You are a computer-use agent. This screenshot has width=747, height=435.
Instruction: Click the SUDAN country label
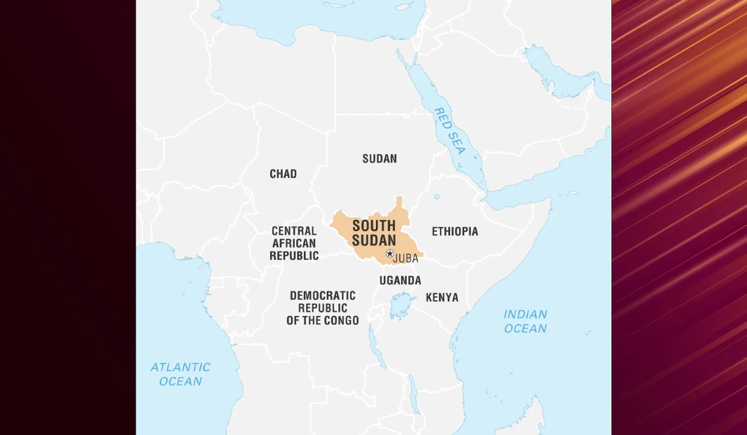tap(379, 159)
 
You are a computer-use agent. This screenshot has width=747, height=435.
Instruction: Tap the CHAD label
tap(283, 174)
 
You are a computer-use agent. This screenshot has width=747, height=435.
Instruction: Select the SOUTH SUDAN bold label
tap(374, 233)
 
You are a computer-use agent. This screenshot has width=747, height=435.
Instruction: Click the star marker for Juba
tap(390, 253)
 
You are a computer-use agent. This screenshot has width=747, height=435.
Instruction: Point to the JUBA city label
tap(407, 258)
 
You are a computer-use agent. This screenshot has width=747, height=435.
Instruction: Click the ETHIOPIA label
tap(455, 232)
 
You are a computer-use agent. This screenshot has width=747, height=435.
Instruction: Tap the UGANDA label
tap(400, 280)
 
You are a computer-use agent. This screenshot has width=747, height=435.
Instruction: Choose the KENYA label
tap(442, 298)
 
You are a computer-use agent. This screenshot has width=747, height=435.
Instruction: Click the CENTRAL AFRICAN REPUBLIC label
tap(294, 243)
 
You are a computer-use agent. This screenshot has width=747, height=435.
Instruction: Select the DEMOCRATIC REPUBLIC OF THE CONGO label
tap(323, 308)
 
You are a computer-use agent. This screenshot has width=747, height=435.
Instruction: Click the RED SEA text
tap(449, 131)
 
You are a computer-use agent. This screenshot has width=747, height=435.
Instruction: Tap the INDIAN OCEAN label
tap(525, 322)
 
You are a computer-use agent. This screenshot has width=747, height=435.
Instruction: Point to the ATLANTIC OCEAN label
tap(180, 374)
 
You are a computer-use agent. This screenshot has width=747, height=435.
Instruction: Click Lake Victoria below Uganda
tap(401, 305)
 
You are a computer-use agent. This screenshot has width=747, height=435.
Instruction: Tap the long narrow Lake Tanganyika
tap(376, 347)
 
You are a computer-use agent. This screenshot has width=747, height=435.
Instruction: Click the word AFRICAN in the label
tap(294, 243)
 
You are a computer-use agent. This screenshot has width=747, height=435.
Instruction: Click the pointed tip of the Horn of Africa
tap(549, 200)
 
